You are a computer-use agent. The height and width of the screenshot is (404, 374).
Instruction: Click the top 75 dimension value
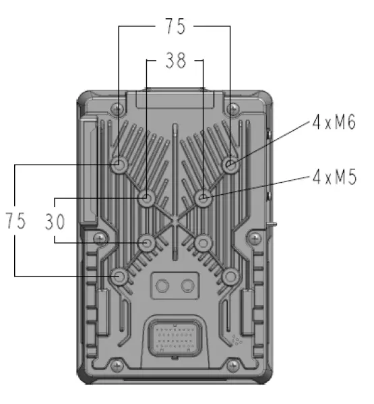(x=175, y=27)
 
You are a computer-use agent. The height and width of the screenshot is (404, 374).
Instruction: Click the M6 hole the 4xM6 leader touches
(x=230, y=165)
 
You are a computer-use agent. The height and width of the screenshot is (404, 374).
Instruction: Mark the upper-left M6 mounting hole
(x=119, y=165)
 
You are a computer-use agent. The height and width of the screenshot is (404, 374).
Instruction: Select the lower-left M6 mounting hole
(x=119, y=276)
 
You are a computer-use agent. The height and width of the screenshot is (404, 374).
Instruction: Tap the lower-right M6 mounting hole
(x=230, y=276)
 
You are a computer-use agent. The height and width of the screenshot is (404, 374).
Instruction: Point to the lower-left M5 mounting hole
(x=147, y=242)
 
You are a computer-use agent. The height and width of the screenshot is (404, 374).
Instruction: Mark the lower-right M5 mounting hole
(x=204, y=242)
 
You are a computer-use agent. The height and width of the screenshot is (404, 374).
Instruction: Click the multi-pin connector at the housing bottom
(x=175, y=336)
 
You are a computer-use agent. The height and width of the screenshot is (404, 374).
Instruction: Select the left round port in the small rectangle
(x=162, y=287)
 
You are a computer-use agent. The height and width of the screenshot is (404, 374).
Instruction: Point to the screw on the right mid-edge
(x=254, y=238)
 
